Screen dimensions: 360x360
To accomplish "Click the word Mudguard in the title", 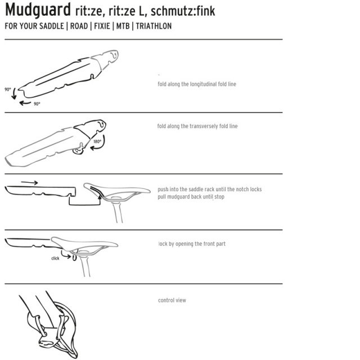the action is (38, 10).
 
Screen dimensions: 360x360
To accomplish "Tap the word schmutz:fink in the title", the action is (183, 11).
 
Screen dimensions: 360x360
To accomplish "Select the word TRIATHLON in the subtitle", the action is (154, 26).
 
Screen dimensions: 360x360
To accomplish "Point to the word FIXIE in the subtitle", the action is (102, 26).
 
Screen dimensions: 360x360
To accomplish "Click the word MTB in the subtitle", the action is (123, 26).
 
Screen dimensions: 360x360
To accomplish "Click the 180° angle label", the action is (97, 141).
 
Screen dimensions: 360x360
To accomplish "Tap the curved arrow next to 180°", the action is (101, 144).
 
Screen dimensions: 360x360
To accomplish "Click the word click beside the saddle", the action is (55, 258).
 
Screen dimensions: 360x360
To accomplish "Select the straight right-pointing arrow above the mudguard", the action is (29, 183).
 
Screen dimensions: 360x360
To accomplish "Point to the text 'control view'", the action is (172, 300).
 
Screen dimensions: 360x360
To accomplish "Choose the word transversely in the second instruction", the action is (204, 126).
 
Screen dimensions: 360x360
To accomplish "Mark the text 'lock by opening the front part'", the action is (192, 244).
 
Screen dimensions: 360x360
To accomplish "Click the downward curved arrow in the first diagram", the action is (14, 93).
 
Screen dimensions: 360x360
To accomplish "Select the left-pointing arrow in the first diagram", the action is (25, 103).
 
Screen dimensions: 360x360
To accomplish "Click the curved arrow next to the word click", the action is (66, 255).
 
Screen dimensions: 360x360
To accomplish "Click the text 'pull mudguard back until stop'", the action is (191, 197).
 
